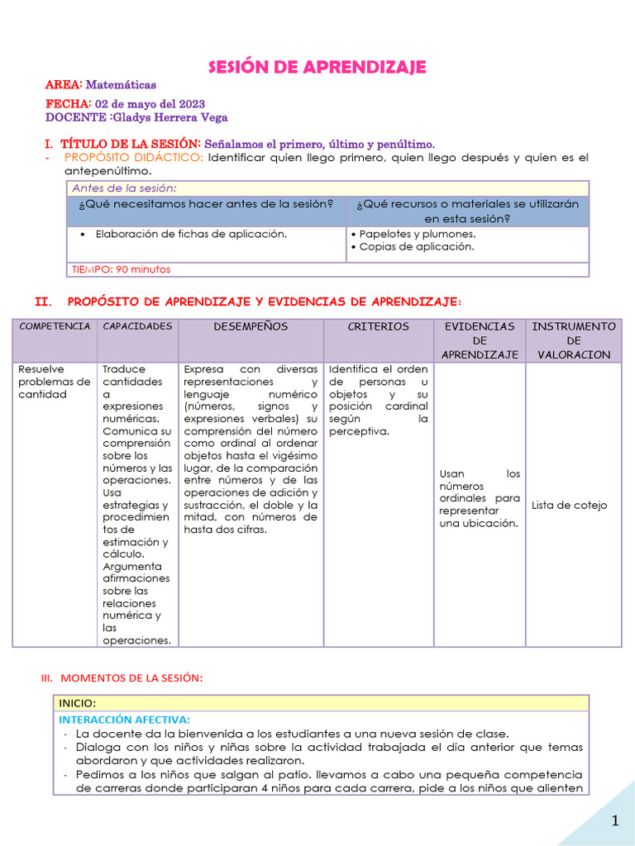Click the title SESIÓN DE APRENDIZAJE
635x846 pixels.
point(317,67)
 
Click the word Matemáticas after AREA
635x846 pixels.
point(121,85)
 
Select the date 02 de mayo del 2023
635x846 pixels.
point(150,104)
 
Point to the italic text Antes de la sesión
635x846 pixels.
point(124,188)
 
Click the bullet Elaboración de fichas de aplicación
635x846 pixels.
point(191,234)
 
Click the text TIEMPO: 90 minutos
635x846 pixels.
point(122,269)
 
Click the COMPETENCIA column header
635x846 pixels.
point(55,326)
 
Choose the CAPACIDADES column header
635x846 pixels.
point(137,326)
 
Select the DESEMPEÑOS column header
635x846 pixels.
point(251,326)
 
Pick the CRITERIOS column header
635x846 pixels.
point(378,326)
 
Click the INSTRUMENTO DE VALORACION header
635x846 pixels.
point(573,340)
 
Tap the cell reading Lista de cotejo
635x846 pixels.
point(569,505)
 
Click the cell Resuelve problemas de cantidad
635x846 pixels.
point(54,382)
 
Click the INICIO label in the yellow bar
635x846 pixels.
point(77,703)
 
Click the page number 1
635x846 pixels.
point(614,820)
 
